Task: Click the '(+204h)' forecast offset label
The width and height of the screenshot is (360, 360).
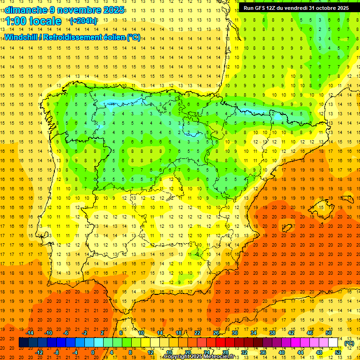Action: (x=83, y=21)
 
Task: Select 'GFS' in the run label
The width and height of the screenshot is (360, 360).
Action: (x=260, y=8)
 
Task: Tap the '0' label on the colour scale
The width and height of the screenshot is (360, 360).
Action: (x=93, y=352)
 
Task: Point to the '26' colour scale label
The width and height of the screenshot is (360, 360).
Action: (x=216, y=333)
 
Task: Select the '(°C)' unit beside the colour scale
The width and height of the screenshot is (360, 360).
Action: (x=349, y=343)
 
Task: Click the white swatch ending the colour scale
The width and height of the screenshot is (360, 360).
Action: (x=333, y=343)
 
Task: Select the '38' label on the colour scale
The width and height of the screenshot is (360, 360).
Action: (x=272, y=333)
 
